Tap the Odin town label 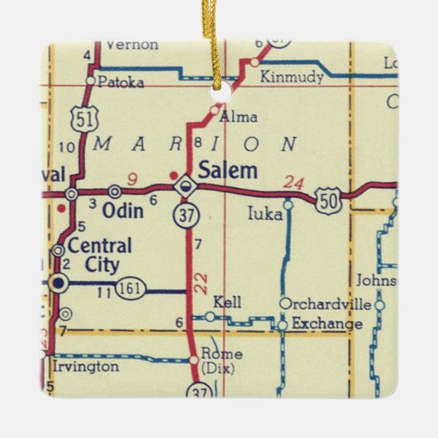tap(122, 212)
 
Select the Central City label tap(98, 255)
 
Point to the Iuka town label tap(265, 214)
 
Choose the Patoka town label tap(121, 82)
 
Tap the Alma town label tap(240, 117)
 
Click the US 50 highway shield tap(329, 200)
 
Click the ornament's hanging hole tap(219, 85)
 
